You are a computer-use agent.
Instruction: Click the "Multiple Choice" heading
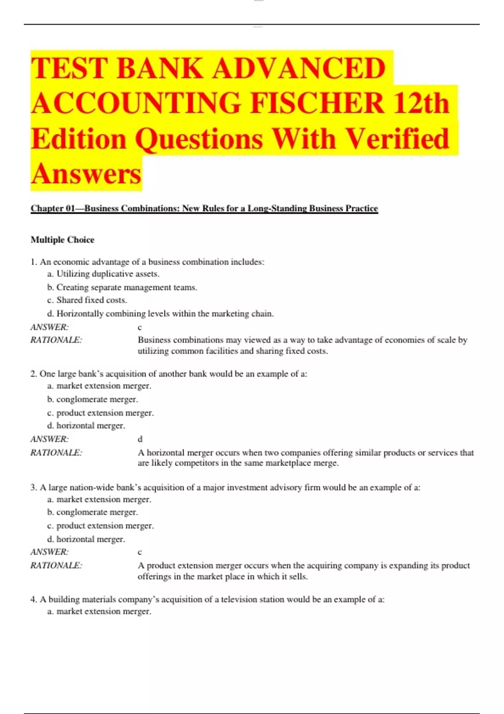[63, 240]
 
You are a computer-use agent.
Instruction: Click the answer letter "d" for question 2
[140, 439]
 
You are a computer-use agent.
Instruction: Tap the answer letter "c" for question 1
[140, 328]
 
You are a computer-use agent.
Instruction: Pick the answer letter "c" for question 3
[140, 552]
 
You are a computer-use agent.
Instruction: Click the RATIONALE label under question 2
[56, 453]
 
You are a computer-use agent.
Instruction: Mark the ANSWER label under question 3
[50, 552]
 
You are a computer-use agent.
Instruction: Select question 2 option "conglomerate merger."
[97, 399]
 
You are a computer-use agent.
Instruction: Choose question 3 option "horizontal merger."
[91, 539]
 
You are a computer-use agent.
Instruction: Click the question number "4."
[34, 600]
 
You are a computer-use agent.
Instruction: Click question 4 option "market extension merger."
[104, 612]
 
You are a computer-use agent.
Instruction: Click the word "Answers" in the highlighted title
[87, 174]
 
